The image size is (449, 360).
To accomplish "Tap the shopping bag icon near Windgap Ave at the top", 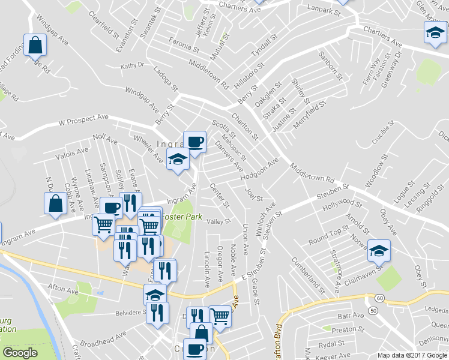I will click(35, 45).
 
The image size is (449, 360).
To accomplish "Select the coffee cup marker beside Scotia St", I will click(194, 142).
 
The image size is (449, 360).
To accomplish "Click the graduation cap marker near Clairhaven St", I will click(378, 250).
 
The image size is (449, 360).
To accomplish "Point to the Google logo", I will click(20, 353).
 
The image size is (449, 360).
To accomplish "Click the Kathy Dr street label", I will click(133, 66).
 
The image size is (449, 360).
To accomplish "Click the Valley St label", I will click(218, 221).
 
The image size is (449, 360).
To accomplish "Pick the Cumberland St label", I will click(308, 275).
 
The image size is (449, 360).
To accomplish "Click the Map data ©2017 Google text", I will click(412, 355).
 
